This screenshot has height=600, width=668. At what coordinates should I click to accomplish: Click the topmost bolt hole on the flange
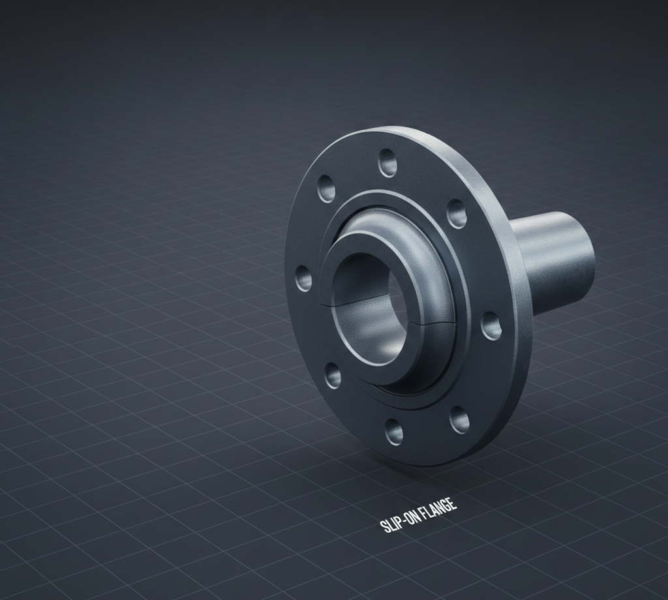point(387,162)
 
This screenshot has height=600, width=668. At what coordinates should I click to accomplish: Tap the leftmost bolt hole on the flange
point(303,278)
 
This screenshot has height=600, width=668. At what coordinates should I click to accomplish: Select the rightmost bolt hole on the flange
point(491,325)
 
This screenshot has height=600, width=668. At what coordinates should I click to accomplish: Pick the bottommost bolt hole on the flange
point(394,430)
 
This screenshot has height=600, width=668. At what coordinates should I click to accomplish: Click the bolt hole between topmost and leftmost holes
point(326,188)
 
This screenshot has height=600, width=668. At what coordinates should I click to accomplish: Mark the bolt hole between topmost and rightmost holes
point(457,213)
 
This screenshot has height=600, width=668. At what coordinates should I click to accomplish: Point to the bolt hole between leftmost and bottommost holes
point(333,375)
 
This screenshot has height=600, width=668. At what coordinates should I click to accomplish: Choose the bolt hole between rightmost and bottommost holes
point(459,419)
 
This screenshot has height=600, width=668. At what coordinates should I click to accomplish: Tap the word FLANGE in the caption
point(438,509)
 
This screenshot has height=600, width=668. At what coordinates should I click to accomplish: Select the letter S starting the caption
point(384,526)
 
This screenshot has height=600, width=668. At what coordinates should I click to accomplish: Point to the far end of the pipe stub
point(584,251)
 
